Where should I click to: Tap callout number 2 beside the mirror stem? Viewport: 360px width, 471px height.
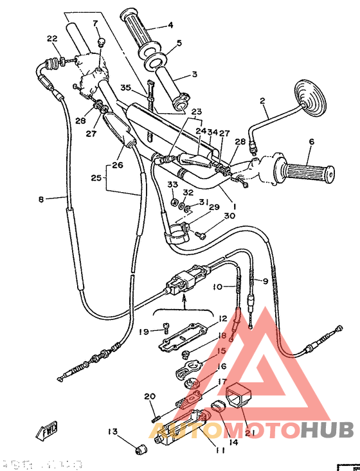pyautogui.click(x=262, y=101)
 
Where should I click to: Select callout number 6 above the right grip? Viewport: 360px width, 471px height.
pyautogui.click(x=312, y=143)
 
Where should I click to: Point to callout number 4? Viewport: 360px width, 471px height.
pyautogui.click(x=171, y=26)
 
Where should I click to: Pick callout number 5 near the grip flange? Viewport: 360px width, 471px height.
pyautogui.click(x=179, y=44)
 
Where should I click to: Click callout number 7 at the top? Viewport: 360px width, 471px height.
pyautogui.click(x=95, y=24)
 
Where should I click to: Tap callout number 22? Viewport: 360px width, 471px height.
pyautogui.click(x=52, y=39)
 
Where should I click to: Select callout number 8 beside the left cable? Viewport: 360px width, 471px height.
pyautogui.click(x=42, y=200)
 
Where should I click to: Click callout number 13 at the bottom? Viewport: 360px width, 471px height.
pyautogui.click(x=113, y=431)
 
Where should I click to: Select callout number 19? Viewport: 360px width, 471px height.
pyautogui.click(x=144, y=332)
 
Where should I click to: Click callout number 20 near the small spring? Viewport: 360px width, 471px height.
pyautogui.click(x=150, y=396)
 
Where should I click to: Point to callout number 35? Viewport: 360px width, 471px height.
pyautogui.click(x=125, y=87)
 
